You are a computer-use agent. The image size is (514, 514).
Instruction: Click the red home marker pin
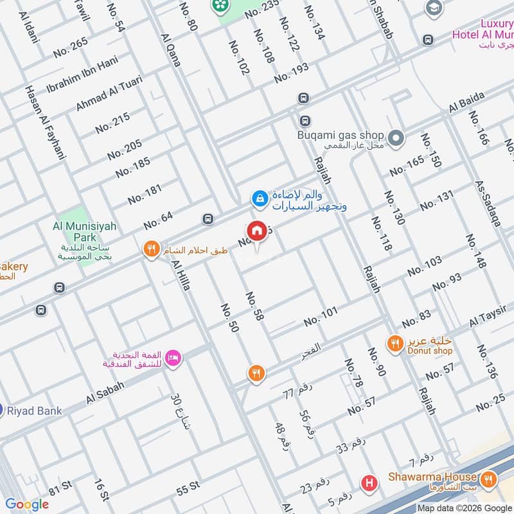point(256,231)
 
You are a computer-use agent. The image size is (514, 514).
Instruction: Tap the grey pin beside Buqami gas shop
point(396,137)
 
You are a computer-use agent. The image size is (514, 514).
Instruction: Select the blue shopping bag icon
point(260,198)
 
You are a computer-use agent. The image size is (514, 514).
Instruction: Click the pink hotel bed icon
point(172,357)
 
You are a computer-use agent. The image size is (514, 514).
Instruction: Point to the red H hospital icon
point(369,482)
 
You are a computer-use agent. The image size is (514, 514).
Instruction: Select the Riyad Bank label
point(35,411)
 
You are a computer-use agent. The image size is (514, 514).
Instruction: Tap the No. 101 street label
point(321,316)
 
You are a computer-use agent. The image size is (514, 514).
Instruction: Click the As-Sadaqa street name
point(487,203)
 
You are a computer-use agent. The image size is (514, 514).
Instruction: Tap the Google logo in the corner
point(26,504)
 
